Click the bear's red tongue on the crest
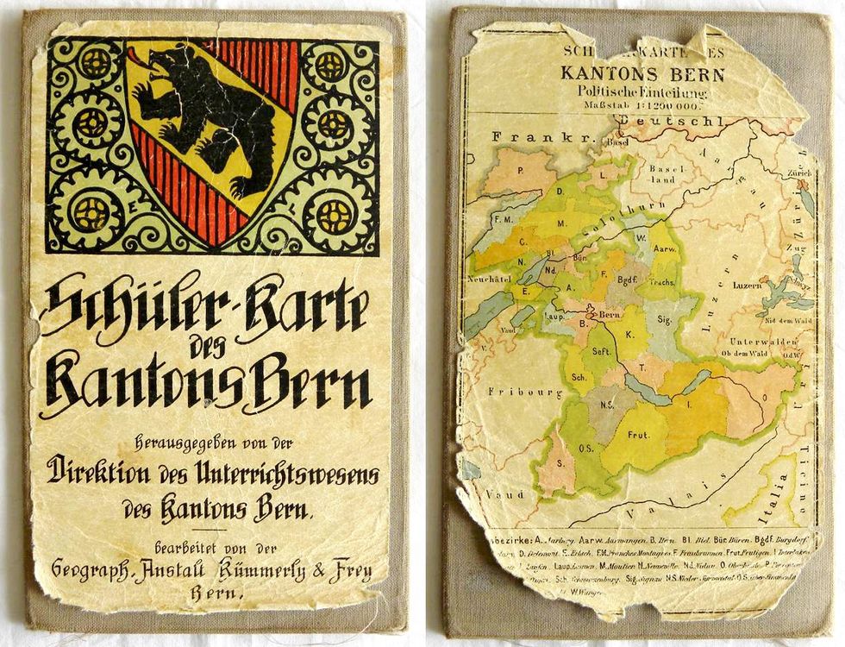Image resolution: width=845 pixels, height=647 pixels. tap(139, 59)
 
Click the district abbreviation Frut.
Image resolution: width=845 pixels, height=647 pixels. tap(637, 434)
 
